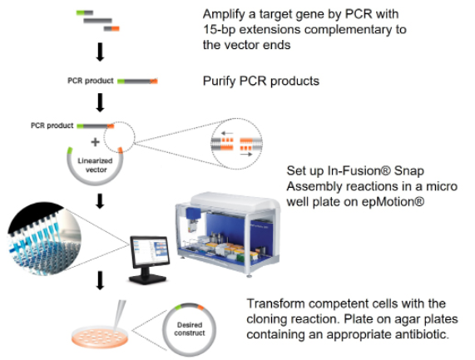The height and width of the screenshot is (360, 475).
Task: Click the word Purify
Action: click(219, 81)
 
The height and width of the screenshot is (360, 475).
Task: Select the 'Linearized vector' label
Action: click(95, 165)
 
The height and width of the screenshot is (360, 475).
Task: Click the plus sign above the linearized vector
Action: click(95, 141)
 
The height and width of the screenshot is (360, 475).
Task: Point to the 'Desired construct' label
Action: click(190, 328)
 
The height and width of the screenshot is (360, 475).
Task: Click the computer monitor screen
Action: click(150, 251)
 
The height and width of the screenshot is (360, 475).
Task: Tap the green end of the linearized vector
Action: click(70, 150)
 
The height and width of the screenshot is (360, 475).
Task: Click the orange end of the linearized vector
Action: click(121, 150)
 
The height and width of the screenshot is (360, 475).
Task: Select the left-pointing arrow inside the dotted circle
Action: click(227, 133)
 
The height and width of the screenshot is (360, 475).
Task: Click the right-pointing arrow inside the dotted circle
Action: click(246, 155)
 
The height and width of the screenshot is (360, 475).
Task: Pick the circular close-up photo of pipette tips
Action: click(44, 239)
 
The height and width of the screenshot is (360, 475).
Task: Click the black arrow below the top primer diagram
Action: click(100, 52)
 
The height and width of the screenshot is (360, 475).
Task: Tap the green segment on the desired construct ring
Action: click(178, 307)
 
